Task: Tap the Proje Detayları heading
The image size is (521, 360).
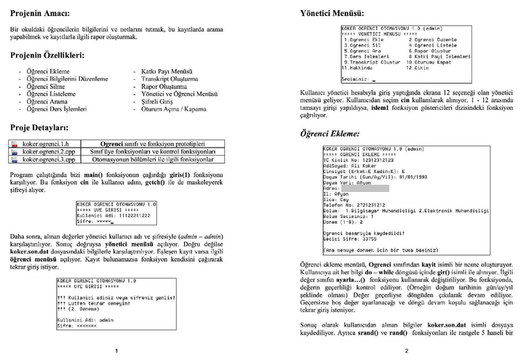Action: pos(39,127)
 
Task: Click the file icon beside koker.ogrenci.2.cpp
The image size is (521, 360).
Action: pos(15,152)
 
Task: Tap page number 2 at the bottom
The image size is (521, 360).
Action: pos(406,350)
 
